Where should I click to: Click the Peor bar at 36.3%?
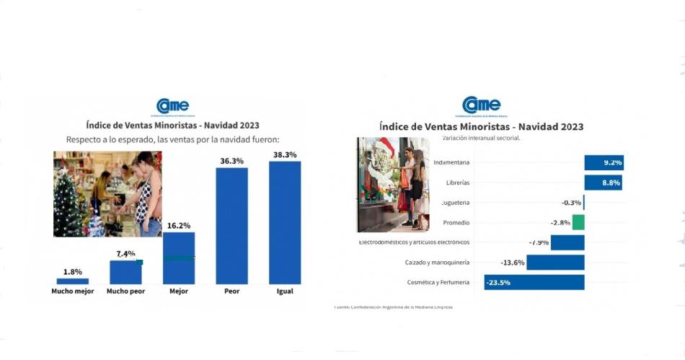pyautogui.click(x=232, y=225)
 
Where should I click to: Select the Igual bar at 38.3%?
pyautogui.click(x=285, y=222)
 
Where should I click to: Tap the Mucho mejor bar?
pyautogui.click(x=73, y=281)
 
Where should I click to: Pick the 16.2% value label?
pyautogui.click(x=178, y=226)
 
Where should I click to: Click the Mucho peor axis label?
pyautogui.click(x=125, y=291)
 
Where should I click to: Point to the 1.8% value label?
pyautogui.click(x=73, y=271)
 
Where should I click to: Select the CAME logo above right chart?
pyautogui.click(x=481, y=106)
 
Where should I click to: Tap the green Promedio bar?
pyautogui.click(x=578, y=222)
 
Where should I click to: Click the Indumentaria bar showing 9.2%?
pyautogui.click(x=603, y=162)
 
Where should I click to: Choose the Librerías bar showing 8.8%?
pyautogui.click(x=603, y=183)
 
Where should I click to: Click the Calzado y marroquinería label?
pyautogui.click(x=438, y=263)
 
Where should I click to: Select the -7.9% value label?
pyautogui.click(x=539, y=242)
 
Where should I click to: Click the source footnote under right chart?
pyautogui.click(x=394, y=307)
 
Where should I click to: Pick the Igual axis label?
pyautogui.click(x=285, y=291)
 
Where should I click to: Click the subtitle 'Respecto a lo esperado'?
pyautogui.click(x=172, y=139)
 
